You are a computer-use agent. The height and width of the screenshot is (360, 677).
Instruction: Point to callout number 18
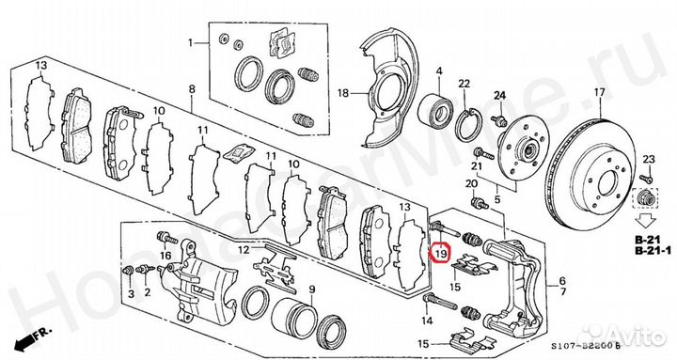click(x=343, y=93)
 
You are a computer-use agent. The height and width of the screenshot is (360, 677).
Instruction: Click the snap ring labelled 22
click(x=473, y=125)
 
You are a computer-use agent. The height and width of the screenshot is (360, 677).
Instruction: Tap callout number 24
click(x=500, y=96)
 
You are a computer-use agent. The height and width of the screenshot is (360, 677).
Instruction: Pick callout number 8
click(x=191, y=90)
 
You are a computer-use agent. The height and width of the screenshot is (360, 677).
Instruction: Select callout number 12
click(x=243, y=250)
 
